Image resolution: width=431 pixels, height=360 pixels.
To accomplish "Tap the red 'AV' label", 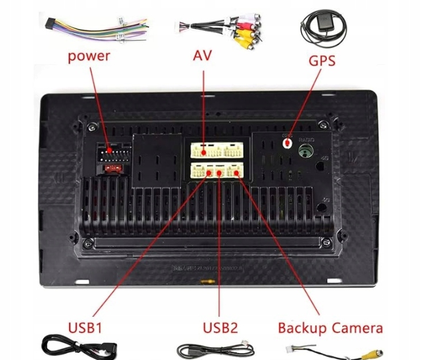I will pos(202,56).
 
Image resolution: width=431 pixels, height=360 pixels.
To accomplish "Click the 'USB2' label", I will pos(219,328).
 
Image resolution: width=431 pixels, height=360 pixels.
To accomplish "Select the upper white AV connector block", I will pos(216,151).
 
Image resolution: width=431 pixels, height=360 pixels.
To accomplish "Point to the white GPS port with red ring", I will pos(287,141).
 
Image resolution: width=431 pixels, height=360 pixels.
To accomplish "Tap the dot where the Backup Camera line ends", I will pos(235,172).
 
